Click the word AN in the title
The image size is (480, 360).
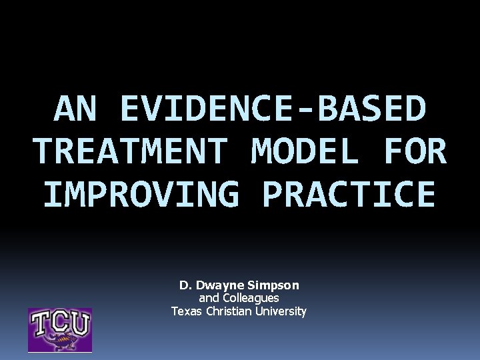click(74, 109)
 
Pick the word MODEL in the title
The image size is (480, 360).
click(306, 151)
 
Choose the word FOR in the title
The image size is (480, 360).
click(415, 151)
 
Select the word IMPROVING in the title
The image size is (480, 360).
click(141, 194)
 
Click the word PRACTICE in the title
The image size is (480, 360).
click(349, 194)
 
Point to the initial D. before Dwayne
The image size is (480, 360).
click(185, 285)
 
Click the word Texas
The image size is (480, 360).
click(186, 311)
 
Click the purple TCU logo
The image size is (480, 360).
click(59, 329)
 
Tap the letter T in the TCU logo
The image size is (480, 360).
click(42, 323)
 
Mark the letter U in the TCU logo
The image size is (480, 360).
click(79, 323)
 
